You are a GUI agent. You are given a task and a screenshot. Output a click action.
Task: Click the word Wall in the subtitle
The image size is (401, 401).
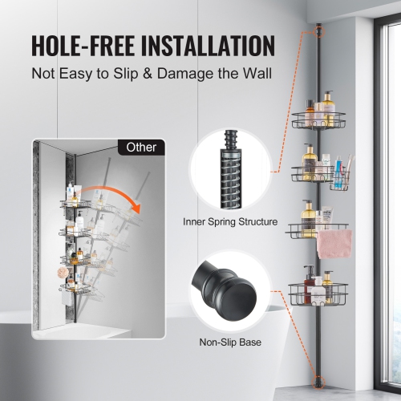point(255,73)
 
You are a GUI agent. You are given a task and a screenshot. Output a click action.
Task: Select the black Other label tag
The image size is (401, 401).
point(142,147)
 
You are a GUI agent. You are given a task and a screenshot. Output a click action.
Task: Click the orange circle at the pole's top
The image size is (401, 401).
point(319,31)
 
